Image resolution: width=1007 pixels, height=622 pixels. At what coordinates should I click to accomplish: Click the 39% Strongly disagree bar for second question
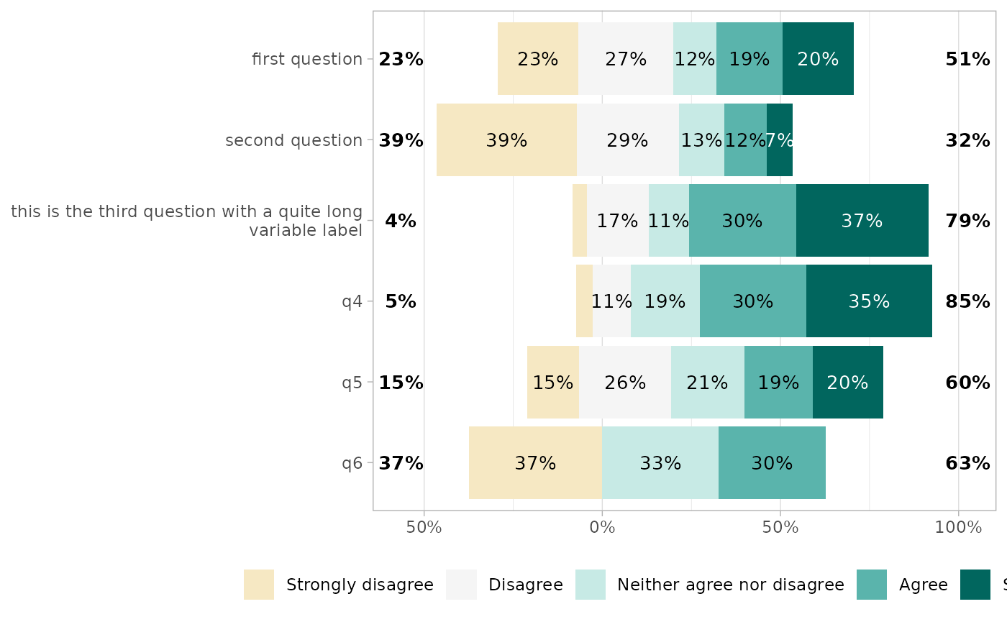(x=506, y=140)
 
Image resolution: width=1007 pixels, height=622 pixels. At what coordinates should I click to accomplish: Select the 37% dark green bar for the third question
(x=862, y=221)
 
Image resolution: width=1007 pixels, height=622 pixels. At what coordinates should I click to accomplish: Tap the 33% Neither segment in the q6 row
(x=660, y=463)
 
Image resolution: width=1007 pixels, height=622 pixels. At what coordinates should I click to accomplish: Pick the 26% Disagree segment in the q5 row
(x=625, y=383)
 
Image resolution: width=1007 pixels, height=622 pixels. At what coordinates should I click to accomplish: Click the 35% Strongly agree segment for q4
(x=869, y=301)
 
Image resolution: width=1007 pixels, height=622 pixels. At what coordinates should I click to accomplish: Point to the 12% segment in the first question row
(x=695, y=59)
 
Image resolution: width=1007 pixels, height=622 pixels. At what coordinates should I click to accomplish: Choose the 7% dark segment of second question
(x=780, y=140)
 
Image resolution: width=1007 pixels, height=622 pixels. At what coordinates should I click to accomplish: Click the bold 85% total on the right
(x=967, y=301)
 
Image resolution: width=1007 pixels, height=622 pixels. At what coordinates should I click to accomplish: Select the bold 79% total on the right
(x=967, y=221)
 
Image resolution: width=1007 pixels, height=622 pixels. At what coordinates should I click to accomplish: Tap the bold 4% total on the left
(x=401, y=221)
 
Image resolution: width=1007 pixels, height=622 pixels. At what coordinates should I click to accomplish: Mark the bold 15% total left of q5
(x=401, y=383)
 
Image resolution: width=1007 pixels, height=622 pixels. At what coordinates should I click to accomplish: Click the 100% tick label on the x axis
(x=958, y=527)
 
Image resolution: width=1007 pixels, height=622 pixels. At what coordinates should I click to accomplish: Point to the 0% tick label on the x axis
(x=602, y=527)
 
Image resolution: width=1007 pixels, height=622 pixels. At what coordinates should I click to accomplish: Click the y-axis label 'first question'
(x=307, y=59)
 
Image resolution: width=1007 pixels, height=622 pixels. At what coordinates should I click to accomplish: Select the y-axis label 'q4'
(x=352, y=301)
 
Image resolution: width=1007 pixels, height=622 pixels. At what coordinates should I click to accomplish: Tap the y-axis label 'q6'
(x=352, y=463)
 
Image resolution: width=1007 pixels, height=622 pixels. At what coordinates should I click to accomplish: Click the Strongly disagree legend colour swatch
(x=259, y=585)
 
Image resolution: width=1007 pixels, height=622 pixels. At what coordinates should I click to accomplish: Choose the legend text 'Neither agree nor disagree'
(x=731, y=585)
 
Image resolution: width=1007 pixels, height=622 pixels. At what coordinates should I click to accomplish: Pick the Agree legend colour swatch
(x=872, y=585)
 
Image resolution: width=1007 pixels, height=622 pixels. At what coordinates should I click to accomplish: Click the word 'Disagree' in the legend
(x=526, y=585)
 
